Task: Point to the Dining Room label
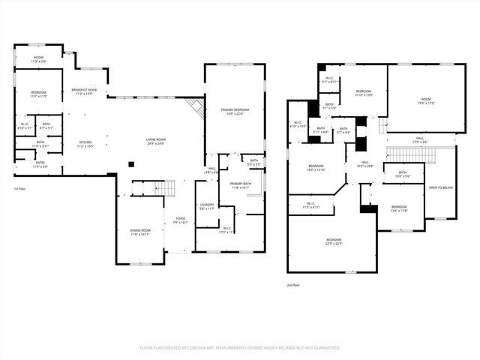(x=139, y=232)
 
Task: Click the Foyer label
(x=179, y=220)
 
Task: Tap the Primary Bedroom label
(x=235, y=112)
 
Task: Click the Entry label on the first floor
(x=39, y=164)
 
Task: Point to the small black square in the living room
(x=131, y=164)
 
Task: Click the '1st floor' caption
(x=22, y=189)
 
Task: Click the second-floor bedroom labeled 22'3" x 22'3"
(x=334, y=241)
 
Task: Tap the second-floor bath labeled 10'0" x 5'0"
(x=403, y=175)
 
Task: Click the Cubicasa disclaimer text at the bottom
(x=240, y=347)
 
